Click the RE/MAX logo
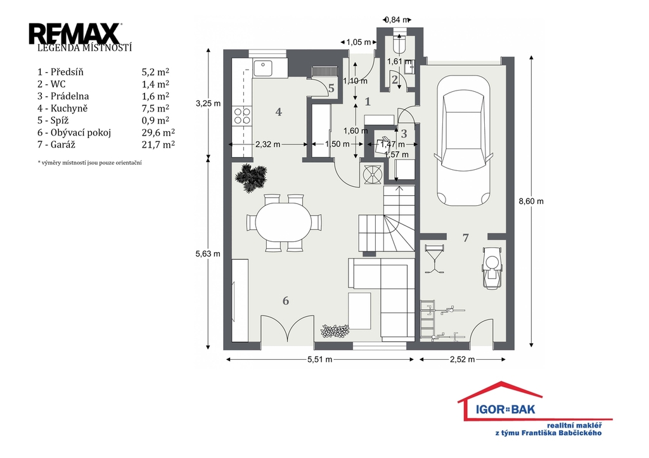click(x=75, y=34)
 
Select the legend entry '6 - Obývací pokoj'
click(x=75, y=133)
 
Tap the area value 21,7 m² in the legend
click(x=158, y=144)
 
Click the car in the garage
click(x=463, y=141)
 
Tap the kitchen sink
click(x=263, y=68)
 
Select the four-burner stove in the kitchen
click(x=243, y=116)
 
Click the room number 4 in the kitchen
click(x=279, y=111)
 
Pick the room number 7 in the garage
click(x=466, y=238)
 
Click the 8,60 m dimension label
click(x=531, y=201)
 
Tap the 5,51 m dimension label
click(x=319, y=360)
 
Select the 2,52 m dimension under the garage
click(x=462, y=360)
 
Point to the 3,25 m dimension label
click(x=208, y=103)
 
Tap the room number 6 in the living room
click(x=286, y=301)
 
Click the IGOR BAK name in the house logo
click(x=505, y=410)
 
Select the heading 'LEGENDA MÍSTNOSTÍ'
click(x=84, y=48)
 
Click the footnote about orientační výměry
click(x=90, y=163)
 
